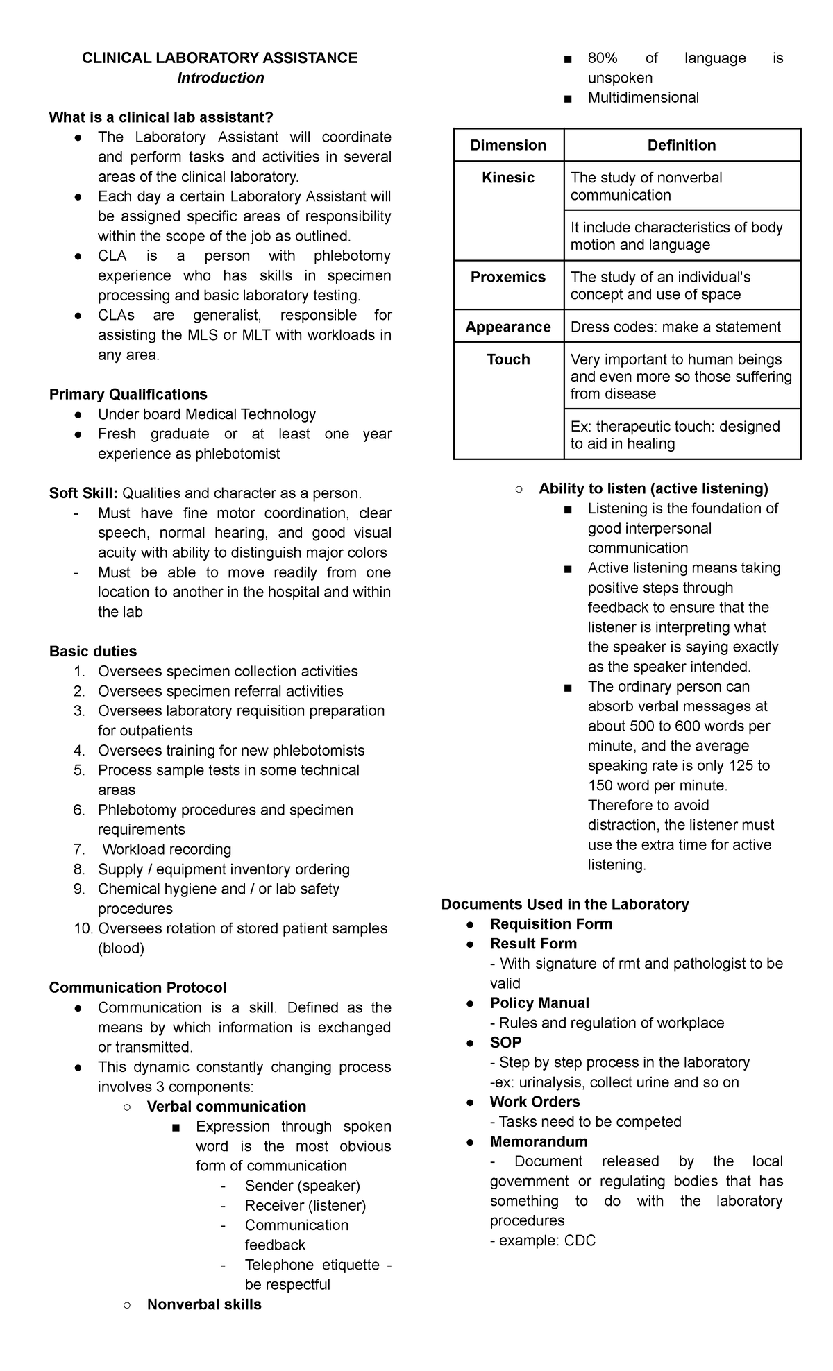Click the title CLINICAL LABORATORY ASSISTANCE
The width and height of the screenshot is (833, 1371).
[x=219, y=58]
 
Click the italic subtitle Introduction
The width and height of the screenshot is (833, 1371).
[x=220, y=78]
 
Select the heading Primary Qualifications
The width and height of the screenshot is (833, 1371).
[x=128, y=395]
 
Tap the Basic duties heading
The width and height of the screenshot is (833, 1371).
[x=92, y=652]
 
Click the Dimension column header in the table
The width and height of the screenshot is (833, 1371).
[x=508, y=145]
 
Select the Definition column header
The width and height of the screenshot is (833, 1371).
[x=681, y=145]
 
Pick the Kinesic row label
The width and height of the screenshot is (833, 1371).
[x=508, y=178]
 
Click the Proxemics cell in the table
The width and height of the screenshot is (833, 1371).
[x=508, y=278]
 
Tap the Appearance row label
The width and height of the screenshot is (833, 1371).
[x=508, y=327]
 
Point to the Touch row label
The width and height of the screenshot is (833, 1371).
[x=508, y=359]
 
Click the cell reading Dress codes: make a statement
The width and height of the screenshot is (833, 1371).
[x=675, y=327]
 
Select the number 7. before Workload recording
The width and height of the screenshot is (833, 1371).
[x=79, y=850]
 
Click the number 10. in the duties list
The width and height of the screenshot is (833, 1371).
[x=83, y=929]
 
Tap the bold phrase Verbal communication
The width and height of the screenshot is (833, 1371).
[x=226, y=1107]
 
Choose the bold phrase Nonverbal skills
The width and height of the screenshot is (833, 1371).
[x=204, y=1304]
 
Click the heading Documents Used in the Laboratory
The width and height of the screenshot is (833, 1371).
[x=564, y=904]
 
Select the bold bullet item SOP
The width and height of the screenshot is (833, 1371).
[x=505, y=1043]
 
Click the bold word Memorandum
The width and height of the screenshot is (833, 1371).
[x=539, y=1141]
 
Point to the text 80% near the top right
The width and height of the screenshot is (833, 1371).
[x=602, y=59]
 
